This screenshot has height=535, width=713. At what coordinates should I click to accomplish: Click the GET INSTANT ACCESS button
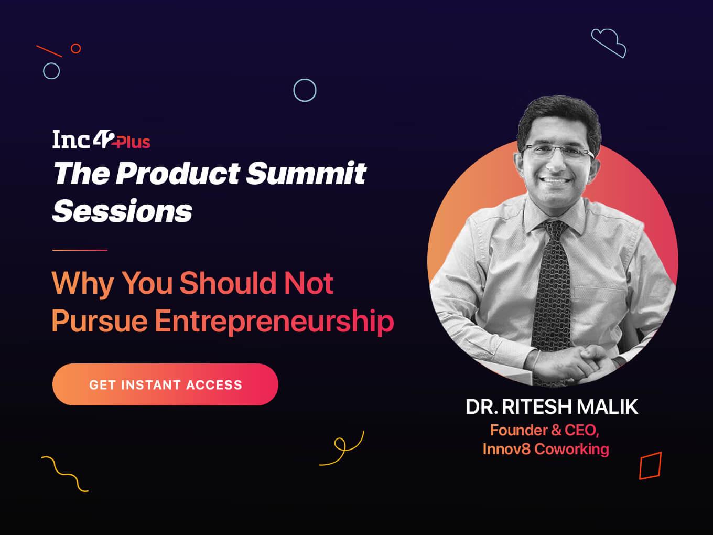pyautogui.click(x=165, y=384)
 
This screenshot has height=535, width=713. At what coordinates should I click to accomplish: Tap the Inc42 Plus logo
pyautogui.click(x=101, y=140)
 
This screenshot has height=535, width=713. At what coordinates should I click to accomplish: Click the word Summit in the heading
pyautogui.click(x=306, y=173)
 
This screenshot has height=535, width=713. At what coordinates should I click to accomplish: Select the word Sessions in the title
pyautogui.click(x=122, y=211)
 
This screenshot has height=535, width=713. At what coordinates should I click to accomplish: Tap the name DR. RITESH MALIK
pyautogui.click(x=552, y=406)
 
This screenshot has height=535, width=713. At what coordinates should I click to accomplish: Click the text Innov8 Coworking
pyautogui.click(x=546, y=449)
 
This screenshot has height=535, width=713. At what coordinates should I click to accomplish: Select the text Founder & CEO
pyautogui.click(x=544, y=431)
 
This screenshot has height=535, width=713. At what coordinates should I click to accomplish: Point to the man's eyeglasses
pyautogui.click(x=557, y=152)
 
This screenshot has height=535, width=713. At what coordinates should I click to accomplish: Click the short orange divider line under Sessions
pyautogui.click(x=80, y=250)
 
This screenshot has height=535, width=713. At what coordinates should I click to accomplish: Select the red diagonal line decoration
pyautogui.click(x=49, y=51)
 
